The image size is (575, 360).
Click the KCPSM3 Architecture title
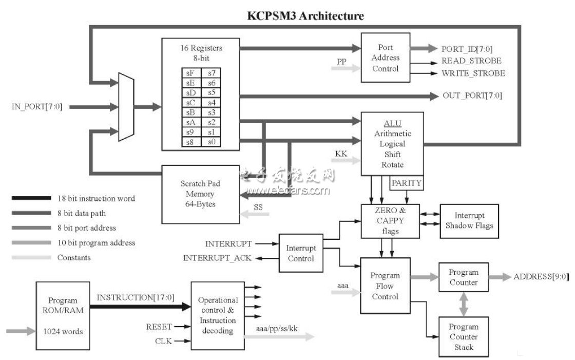coord(305,16)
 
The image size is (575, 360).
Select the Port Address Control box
coord(385,58)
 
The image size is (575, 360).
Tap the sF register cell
coord(191,72)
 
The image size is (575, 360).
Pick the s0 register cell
coord(212,141)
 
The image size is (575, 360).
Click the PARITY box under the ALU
coord(407,183)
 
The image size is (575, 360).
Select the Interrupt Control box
coord(300,253)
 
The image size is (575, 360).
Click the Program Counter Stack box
coord(463,337)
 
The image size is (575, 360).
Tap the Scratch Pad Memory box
coord(201,194)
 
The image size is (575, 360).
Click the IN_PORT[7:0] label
coord(37,107)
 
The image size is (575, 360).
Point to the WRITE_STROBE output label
coord(473,73)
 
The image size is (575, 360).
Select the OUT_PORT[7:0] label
coord(472,96)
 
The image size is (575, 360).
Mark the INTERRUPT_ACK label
coord(217,258)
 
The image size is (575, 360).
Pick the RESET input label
coord(159,326)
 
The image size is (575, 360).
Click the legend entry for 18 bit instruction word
coord(97,198)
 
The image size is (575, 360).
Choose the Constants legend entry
coord(74,257)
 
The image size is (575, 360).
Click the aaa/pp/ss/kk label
coord(277,328)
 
